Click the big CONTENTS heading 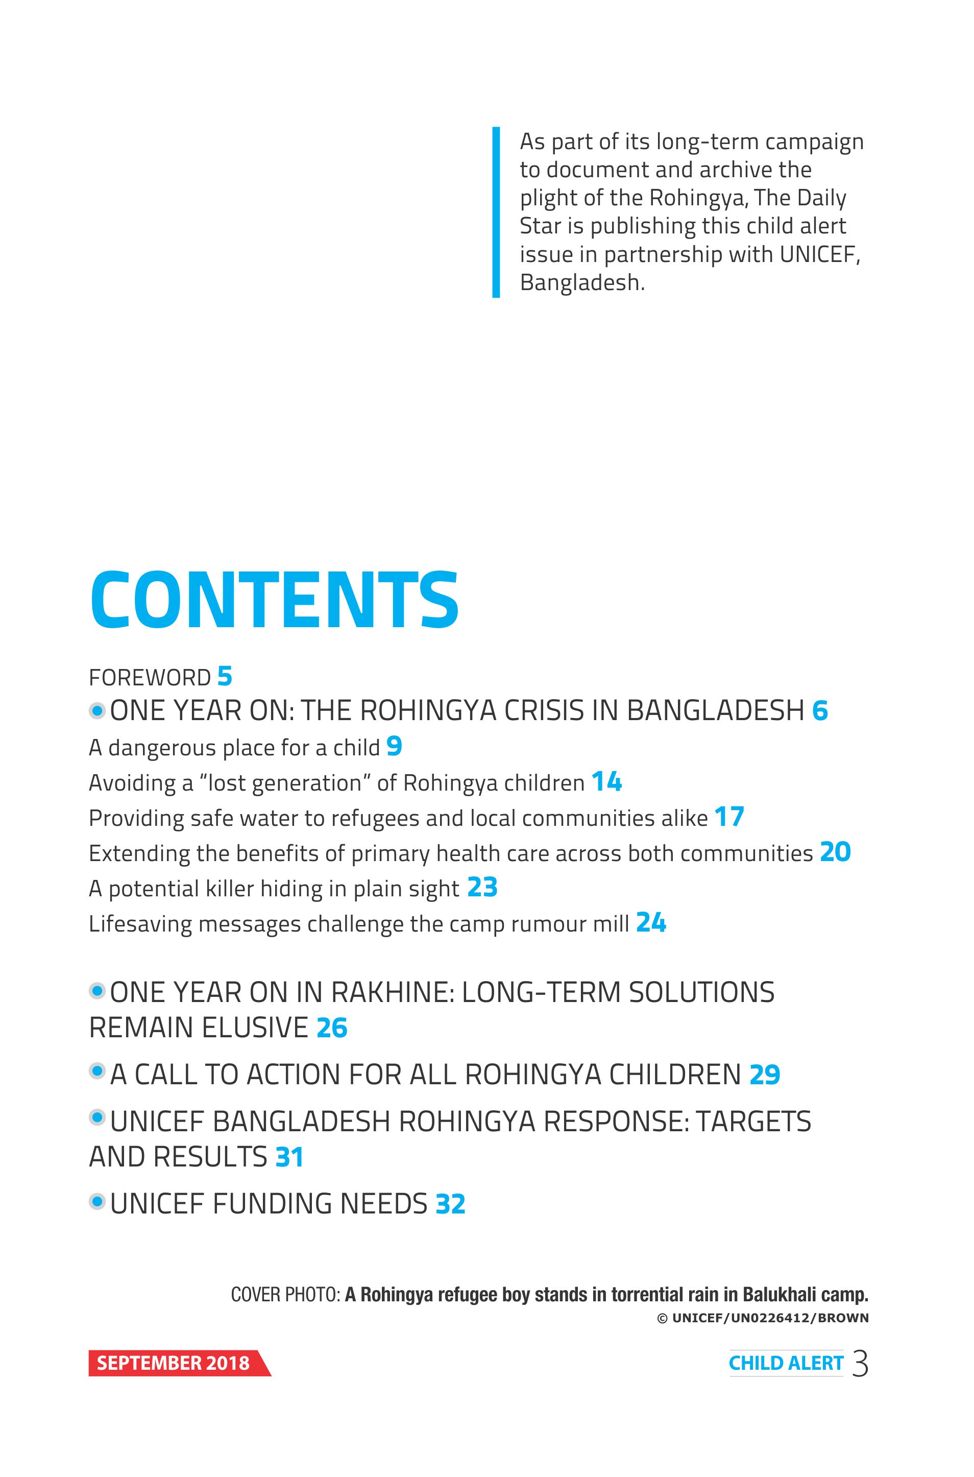click(275, 600)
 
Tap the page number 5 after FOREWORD click(225, 676)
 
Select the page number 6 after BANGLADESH click(820, 711)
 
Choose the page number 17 click(729, 817)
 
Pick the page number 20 click(836, 852)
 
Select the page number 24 click(651, 923)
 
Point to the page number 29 click(765, 1075)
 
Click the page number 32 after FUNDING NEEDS click(450, 1204)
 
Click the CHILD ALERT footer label click(786, 1363)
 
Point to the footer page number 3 click(860, 1363)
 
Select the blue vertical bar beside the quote click(496, 212)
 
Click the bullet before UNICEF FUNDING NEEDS click(97, 1202)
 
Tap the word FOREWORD click(150, 677)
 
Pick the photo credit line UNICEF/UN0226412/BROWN click(763, 1318)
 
